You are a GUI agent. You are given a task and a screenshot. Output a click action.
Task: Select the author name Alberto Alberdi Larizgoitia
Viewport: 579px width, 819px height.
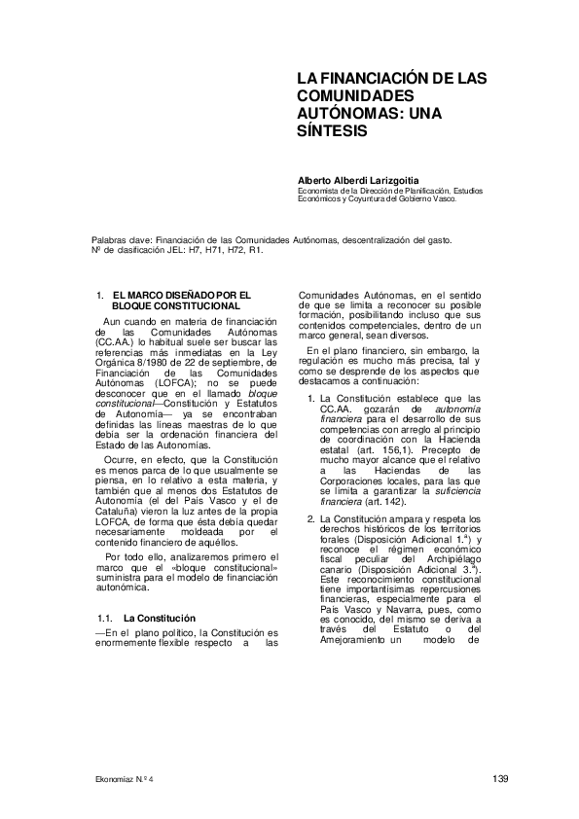(359, 180)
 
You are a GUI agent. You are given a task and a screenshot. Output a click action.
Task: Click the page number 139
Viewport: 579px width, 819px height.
(501, 777)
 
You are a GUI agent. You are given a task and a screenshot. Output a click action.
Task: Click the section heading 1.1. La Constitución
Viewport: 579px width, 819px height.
(147, 619)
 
